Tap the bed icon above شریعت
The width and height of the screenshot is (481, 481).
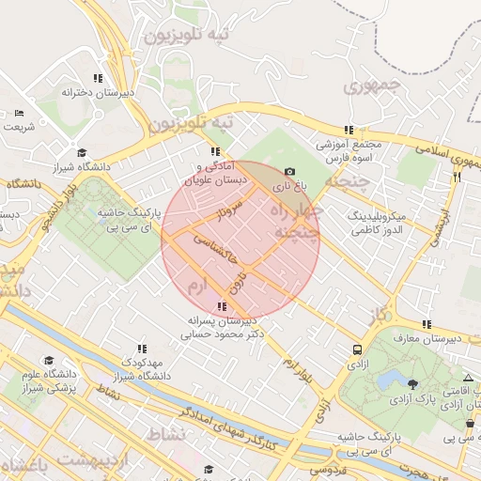click(20, 113)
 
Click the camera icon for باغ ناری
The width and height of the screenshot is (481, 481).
click(289, 172)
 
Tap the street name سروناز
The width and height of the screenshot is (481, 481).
click(231, 210)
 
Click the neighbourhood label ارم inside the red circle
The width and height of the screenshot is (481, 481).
click(196, 284)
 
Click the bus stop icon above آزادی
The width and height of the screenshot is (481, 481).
click(357, 350)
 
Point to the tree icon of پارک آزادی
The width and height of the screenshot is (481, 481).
click(413, 383)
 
